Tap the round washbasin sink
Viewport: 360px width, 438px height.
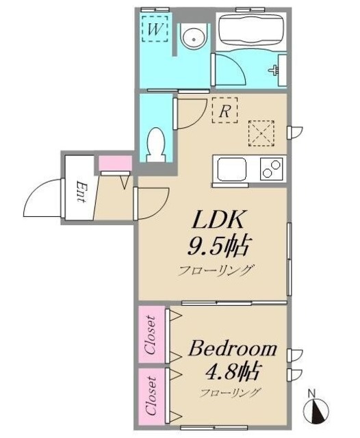pyautogui.click(x=194, y=38)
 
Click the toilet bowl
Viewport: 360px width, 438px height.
pyautogui.click(x=156, y=144)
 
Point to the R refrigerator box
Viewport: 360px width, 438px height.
pyautogui.click(x=223, y=110)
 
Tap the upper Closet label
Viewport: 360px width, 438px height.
pyautogui.click(x=150, y=336)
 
